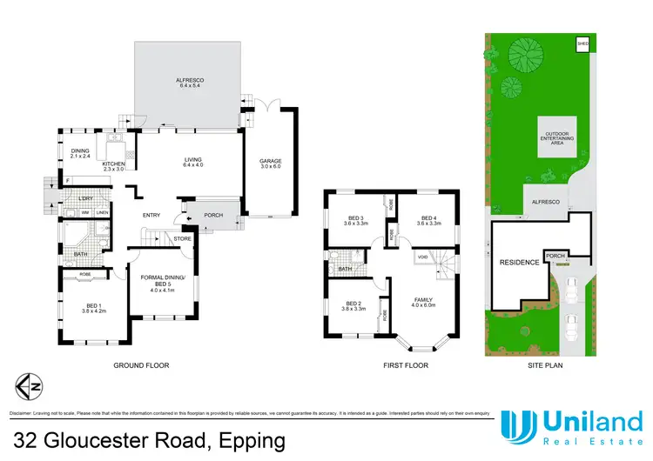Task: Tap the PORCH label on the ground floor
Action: pyautogui.click(x=213, y=216)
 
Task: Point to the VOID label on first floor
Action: pyautogui.click(x=422, y=258)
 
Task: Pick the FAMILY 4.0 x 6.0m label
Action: pyautogui.click(x=421, y=303)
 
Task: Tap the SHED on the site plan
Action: pyautogui.click(x=582, y=43)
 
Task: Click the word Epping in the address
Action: pyautogui.click(x=248, y=440)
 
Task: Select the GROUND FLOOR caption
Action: pyautogui.click(x=141, y=365)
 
